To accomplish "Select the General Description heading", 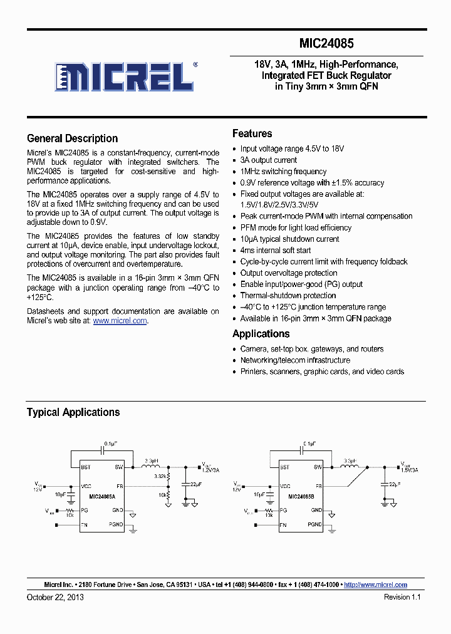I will (72, 138).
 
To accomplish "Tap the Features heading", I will (252, 133).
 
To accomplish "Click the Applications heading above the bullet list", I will (261, 334).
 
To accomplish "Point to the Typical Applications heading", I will (73, 412).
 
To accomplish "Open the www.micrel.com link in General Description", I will (120, 321).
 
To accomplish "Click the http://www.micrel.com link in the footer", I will (376, 585).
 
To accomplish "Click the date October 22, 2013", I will (55, 597).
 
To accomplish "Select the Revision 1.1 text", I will (402, 597).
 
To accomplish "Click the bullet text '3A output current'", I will (268, 160).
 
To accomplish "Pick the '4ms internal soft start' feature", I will (276, 251).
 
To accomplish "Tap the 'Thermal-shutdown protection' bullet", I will (288, 296).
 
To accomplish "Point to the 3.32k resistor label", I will (161, 476).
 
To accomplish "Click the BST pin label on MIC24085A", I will (85, 467).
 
